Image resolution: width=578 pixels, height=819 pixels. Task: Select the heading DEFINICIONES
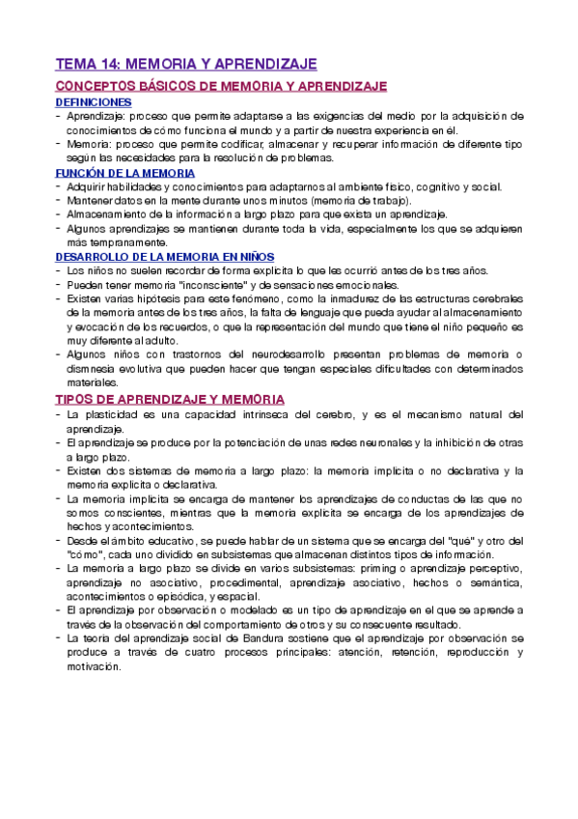click(x=94, y=101)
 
